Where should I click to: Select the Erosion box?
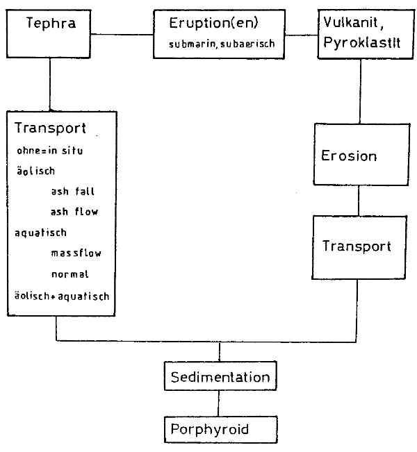tap(359, 155)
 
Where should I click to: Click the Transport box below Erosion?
tap(356, 246)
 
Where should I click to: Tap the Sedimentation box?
tap(220, 378)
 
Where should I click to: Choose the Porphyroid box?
tap(220, 429)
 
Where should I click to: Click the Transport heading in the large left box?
tap(50, 128)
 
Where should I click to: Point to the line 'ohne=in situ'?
tap(49, 151)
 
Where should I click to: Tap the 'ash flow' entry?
tap(74, 212)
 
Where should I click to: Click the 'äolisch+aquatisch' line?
tap(61, 295)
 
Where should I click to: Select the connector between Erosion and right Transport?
tap(358, 200)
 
